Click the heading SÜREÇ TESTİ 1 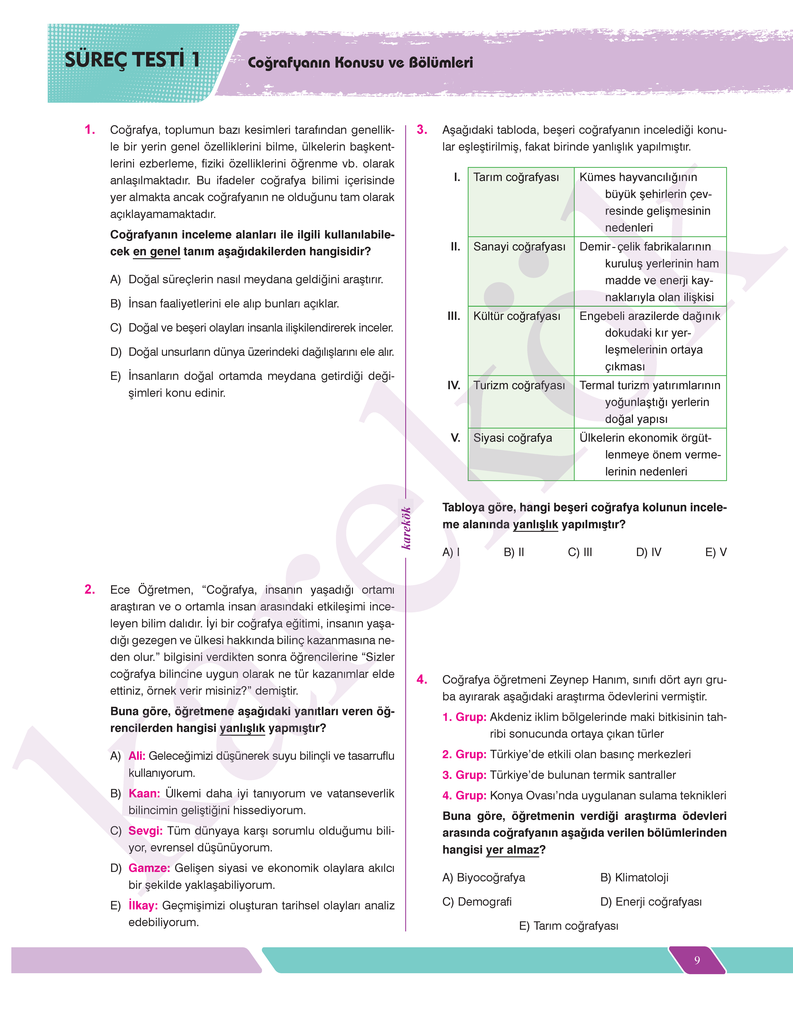pyautogui.click(x=132, y=60)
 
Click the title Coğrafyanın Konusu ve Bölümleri pyautogui.click(x=360, y=63)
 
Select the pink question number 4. pyautogui.click(x=422, y=680)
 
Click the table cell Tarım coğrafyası pyautogui.click(x=516, y=177)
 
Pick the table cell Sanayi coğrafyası pyautogui.click(x=519, y=247)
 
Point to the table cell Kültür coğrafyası pyautogui.click(x=517, y=316)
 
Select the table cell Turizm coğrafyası pyautogui.click(x=519, y=385)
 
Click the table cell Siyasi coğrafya pyautogui.click(x=513, y=438)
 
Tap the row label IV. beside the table pyautogui.click(x=454, y=385)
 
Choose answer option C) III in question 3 pyautogui.click(x=580, y=552)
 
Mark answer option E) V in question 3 pyautogui.click(x=715, y=552)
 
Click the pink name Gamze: pyautogui.click(x=149, y=868)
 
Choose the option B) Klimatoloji pyautogui.click(x=634, y=877)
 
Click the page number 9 pyautogui.click(x=697, y=960)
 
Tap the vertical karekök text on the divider pyautogui.click(x=406, y=528)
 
